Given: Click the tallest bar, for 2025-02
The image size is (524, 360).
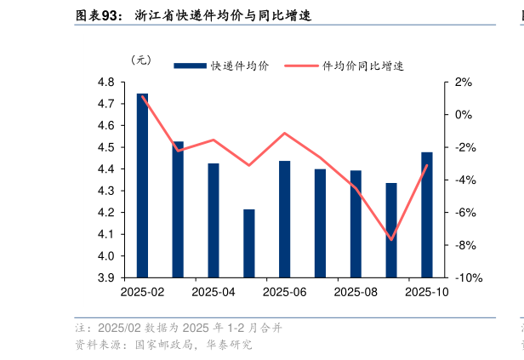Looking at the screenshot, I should (x=142, y=186).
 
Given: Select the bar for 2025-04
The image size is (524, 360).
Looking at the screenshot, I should (x=214, y=220).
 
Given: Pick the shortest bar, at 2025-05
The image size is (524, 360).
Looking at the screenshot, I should (x=249, y=243).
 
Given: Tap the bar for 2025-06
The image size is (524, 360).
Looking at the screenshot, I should (x=284, y=219).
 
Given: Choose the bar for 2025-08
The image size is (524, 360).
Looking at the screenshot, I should (x=356, y=224).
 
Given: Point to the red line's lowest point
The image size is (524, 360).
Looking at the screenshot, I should (x=391, y=240).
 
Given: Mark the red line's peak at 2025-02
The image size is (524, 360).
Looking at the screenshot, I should (x=142, y=95).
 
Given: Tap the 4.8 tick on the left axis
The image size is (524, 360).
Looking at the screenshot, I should (x=106, y=83).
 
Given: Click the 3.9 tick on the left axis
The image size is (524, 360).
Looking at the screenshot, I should (x=106, y=277).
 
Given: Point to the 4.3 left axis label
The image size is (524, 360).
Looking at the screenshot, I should (x=106, y=191).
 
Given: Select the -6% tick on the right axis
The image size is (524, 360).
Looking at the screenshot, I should (x=464, y=213).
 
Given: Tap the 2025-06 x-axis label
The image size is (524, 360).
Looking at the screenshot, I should (x=284, y=292).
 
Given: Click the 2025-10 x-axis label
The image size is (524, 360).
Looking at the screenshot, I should (x=426, y=292).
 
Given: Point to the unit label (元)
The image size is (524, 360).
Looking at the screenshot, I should (x=140, y=60).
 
